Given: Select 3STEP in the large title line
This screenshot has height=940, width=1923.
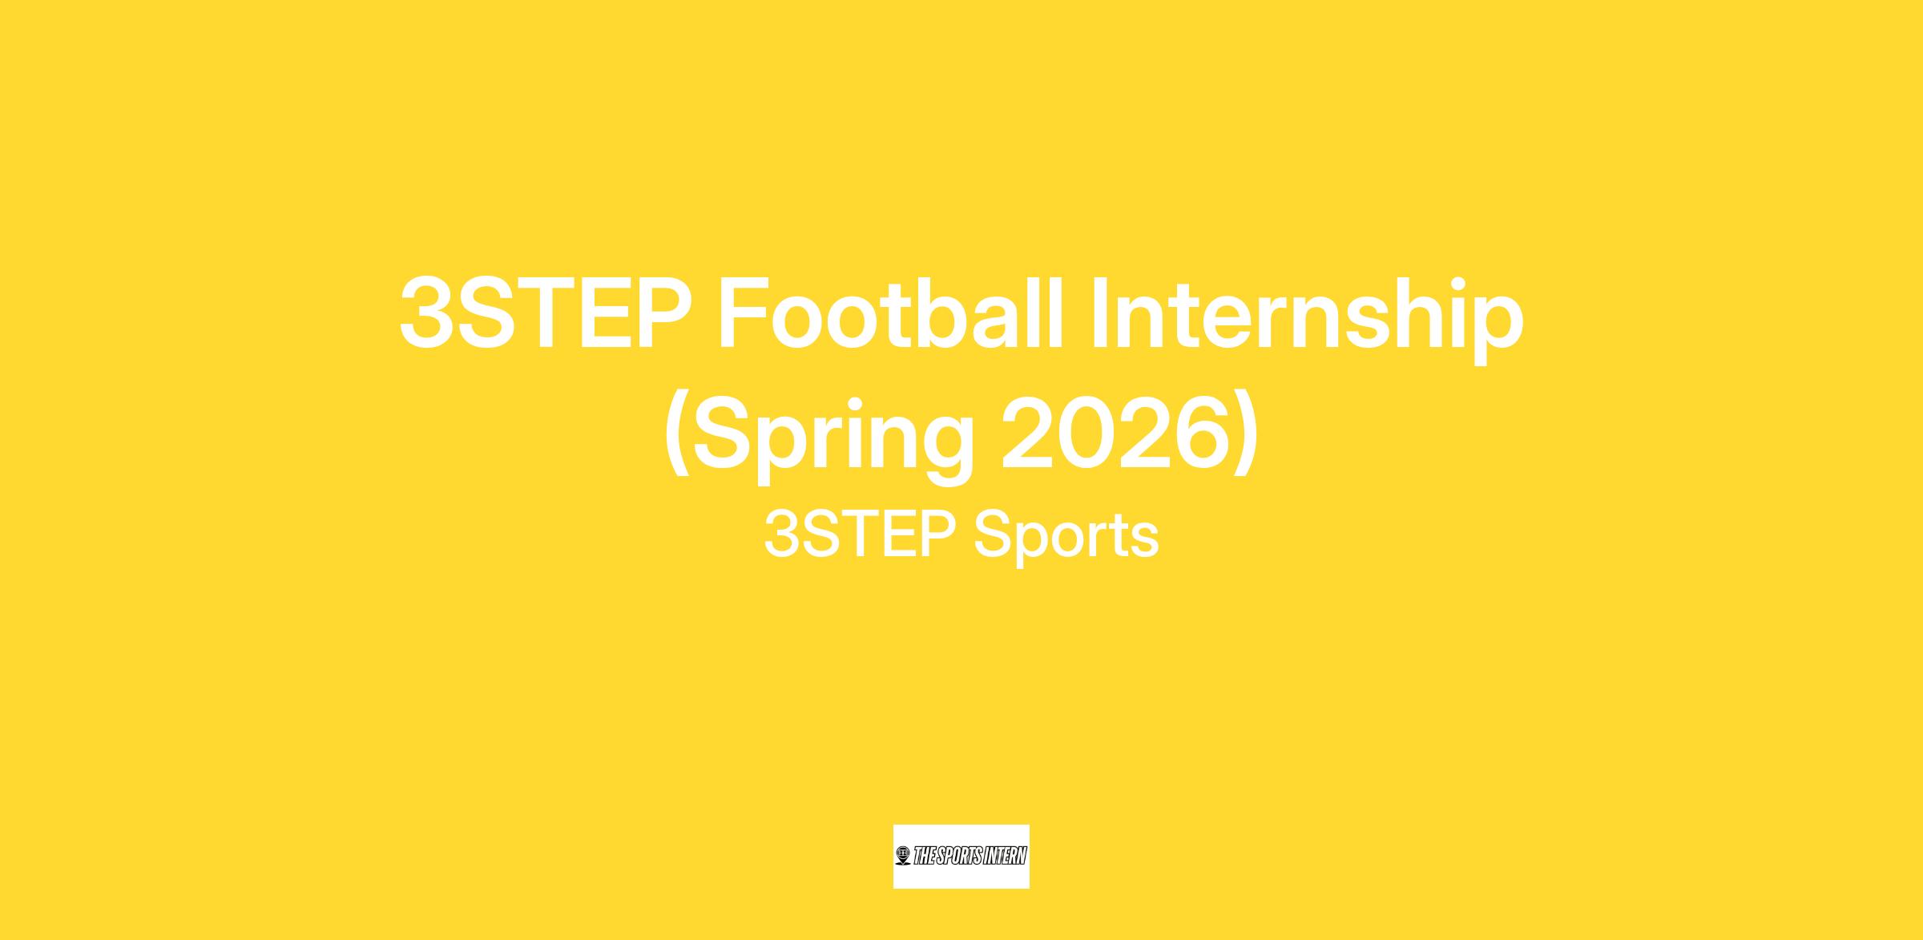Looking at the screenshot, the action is pos(546,313).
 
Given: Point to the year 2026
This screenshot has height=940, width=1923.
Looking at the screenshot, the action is pos(1115,435).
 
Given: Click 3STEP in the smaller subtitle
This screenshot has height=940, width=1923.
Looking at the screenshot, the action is pos(858,535).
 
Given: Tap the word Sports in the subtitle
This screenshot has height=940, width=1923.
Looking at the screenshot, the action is pos(1066,538).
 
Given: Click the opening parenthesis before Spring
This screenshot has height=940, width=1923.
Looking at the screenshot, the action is pos(677,438).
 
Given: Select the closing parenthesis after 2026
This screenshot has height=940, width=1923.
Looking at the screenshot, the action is pos(1245,438).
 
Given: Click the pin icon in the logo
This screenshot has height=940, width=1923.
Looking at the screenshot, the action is pos(904,856).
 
